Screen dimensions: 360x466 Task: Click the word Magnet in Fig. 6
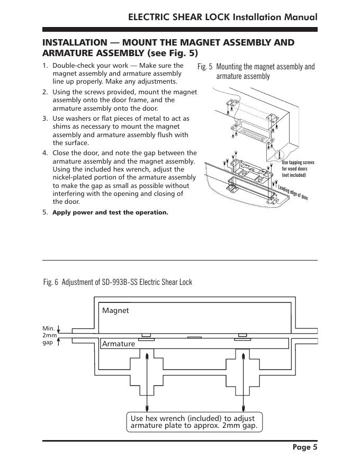pyautogui.click(x=115, y=310)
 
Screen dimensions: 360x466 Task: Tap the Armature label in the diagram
pyautogui.click(x=118, y=344)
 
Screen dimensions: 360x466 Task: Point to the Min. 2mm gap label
pyautogui.click(x=49, y=335)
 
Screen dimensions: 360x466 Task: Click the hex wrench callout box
pyautogui.click(x=194, y=422)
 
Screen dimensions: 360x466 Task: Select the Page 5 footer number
pyautogui.click(x=305, y=447)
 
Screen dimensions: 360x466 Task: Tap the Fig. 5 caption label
pyautogui.click(x=205, y=67)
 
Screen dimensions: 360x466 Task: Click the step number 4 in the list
pyautogui.click(x=45, y=153)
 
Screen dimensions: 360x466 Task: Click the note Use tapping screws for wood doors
pyautogui.click(x=298, y=169)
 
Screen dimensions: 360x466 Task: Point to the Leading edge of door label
pyautogui.click(x=293, y=193)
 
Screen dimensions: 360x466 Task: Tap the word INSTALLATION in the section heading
pyautogui.click(x=75, y=42)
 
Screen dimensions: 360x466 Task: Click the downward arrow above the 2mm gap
pyautogui.click(x=59, y=329)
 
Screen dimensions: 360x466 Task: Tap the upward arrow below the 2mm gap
pyautogui.click(x=59, y=342)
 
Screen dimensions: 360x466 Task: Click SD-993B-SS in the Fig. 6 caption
pyautogui.click(x=120, y=282)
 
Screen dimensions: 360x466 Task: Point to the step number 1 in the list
pyautogui.click(x=45, y=66)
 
